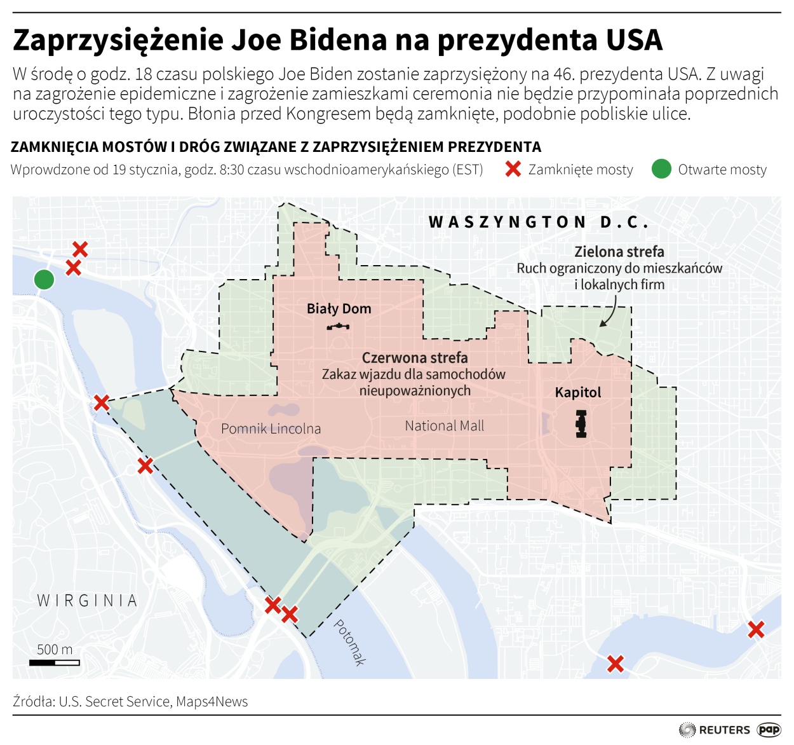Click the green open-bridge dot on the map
click(x=44, y=279)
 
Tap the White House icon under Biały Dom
click(x=338, y=327)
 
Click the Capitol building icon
click(x=581, y=424)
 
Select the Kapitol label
click(x=577, y=392)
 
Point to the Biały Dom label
click(x=339, y=309)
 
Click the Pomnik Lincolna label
click(x=271, y=429)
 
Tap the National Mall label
click(x=444, y=426)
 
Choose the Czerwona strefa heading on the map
click(x=415, y=358)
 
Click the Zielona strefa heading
click(x=619, y=252)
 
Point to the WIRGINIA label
click(x=87, y=601)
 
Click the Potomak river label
click(x=350, y=642)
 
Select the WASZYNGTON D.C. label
click(x=539, y=222)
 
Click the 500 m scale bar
click(x=55, y=662)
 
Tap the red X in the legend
click(x=513, y=169)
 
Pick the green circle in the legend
click(x=661, y=169)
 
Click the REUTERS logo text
click(x=724, y=730)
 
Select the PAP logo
click(x=769, y=730)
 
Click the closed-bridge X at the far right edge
click(x=756, y=629)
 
